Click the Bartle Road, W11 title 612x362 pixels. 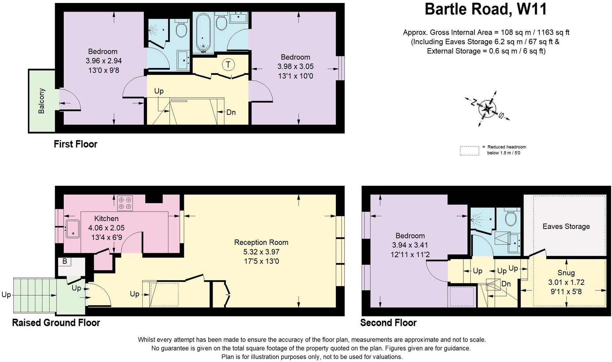pyautogui.click(x=486, y=9)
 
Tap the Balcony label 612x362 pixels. pyautogui.click(x=41, y=101)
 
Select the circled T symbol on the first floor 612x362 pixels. pyautogui.click(x=228, y=64)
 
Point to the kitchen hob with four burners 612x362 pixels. pyautogui.click(x=125, y=203)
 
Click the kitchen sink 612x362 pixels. pyautogui.click(x=72, y=229)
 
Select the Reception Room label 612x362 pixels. pyautogui.click(x=261, y=242)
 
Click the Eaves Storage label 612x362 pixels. pyautogui.click(x=566, y=226)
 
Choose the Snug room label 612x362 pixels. pyautogui.click(x=566, y=273)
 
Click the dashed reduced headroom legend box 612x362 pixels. pyautogui.click(x=469, y=151)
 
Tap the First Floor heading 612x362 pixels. pyautogui.click(x=76, y=144)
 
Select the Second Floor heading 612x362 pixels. pyautogui.click(x=388, y=322)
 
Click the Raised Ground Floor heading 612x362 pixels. pyautogui.click(x=56, y=322)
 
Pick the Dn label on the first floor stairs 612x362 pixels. pyautogui.click(x=231, y=112)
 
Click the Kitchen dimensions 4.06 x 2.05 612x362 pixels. pyautogui.click(x=106, y=228)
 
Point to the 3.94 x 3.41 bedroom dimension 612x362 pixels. pyautogui.click(x=410, y=245)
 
